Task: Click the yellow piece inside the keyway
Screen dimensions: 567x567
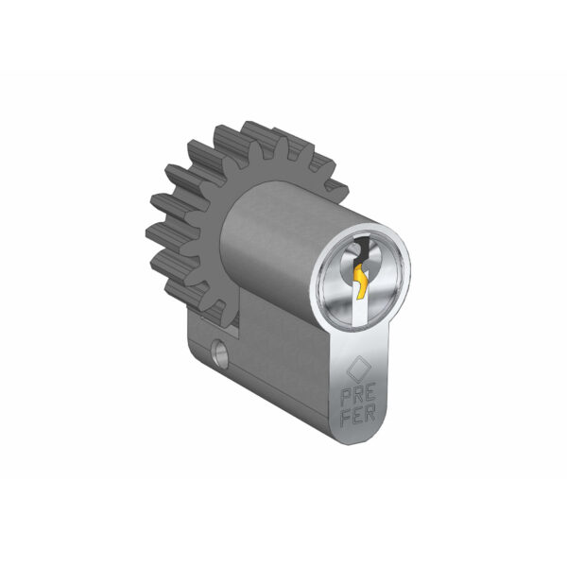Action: coord(362,282)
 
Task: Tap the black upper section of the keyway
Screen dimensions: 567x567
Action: coord(363,248)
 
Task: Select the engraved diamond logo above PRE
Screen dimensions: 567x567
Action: coord(359,369)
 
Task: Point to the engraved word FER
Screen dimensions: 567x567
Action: coord(359,415)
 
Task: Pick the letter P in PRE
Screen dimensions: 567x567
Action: coord(347,398)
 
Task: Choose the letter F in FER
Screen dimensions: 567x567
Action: coord(348,419)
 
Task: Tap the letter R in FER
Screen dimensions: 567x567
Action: coord(370,413)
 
